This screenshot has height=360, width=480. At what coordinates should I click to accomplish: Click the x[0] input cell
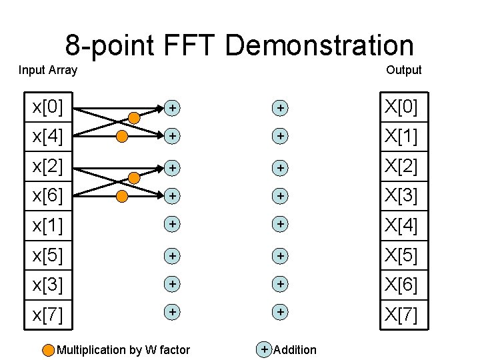(x=48, y=107)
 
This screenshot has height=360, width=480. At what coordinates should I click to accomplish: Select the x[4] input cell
(x=48, y=136)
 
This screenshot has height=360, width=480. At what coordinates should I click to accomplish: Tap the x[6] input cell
(x=48, y=196)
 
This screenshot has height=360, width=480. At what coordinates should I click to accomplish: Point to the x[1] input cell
(x=48, y=226)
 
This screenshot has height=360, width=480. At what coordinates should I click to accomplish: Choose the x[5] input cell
(x=48, y=255)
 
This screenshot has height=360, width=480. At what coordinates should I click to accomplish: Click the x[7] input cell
(x=48, y=313)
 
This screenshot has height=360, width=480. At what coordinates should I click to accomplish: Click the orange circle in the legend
(x=49, y=350)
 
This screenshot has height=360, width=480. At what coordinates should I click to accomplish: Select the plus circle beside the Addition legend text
(x=265, y=349)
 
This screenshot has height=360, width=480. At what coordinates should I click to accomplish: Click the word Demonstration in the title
(x=319, y=46)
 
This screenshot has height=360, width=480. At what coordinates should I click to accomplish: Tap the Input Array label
(x=48, y=70)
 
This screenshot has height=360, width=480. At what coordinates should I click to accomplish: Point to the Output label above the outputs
(x=404, y=70)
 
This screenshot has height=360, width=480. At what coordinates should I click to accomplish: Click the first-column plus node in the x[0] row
(x=172, y=107)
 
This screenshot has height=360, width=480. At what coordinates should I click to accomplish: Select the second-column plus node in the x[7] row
(x=281, y=311)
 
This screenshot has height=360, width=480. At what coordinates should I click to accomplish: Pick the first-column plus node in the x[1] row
(x=172, y=225)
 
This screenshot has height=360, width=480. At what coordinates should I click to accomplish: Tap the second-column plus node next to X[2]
(x=281, y=167)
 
